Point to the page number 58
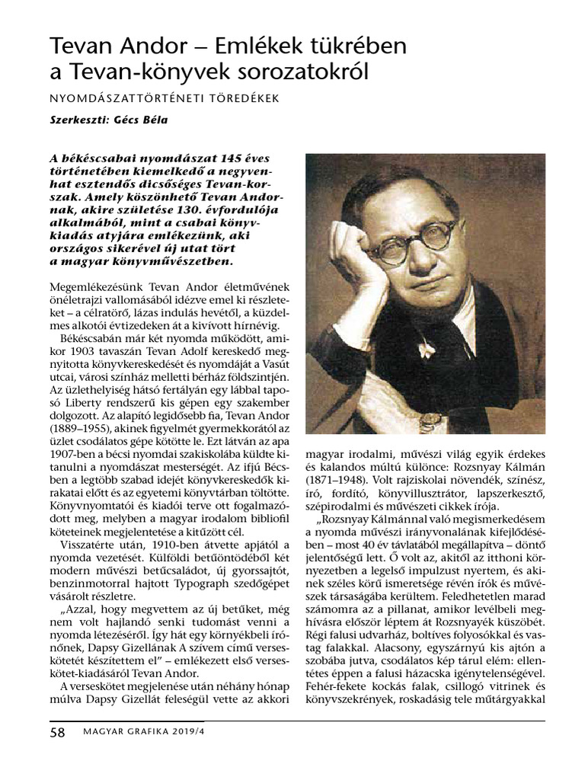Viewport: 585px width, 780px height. (x=57, y=733)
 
